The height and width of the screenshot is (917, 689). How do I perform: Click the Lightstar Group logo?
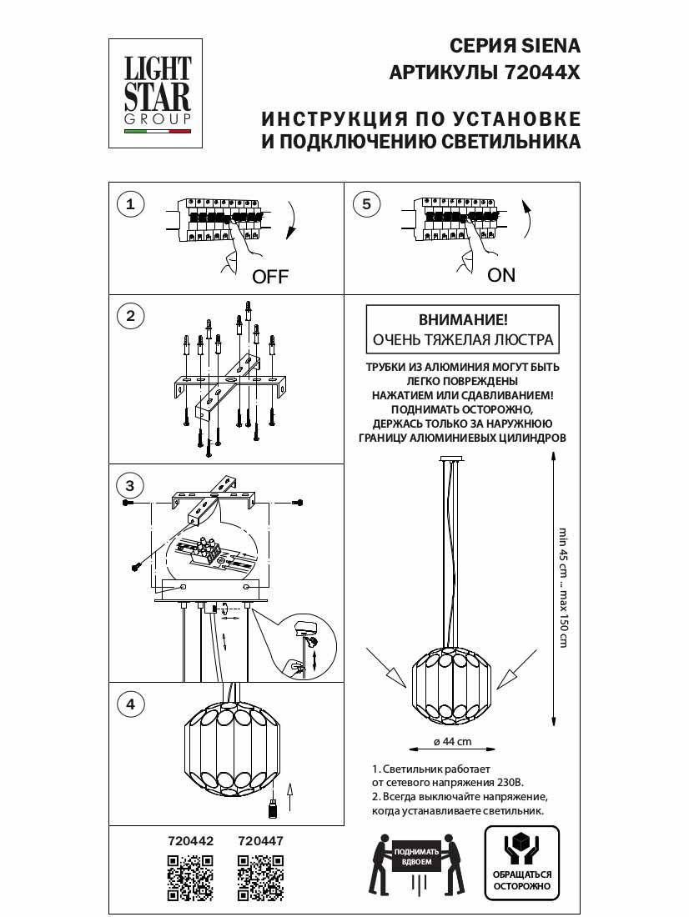tap(158, 93)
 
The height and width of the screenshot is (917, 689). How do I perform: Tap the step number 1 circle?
tap(129, 204)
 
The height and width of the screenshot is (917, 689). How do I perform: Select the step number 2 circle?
tap(129, 316)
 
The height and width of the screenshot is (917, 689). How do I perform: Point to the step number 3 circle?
tap(129, 485)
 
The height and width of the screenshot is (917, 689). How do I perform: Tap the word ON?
tap(501, 275)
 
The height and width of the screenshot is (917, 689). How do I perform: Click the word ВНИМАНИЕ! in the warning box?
tap(461, 320)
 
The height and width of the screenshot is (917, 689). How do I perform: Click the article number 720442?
tap(191, 842)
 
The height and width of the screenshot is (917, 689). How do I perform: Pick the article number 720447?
tap(261, 842)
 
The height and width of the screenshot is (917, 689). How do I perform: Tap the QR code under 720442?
tap(190, 879)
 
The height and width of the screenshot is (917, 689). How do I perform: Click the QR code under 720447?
tap(260, 879)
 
